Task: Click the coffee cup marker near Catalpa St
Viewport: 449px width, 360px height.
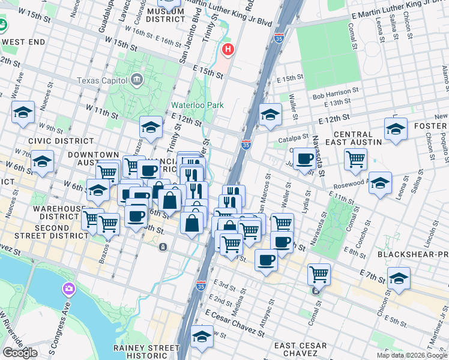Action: pyautogui.click(x=305, y=159)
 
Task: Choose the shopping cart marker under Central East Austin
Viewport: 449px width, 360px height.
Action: pyautogui.click(x=355, y=160)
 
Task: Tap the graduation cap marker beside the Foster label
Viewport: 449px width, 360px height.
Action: pyautogui.click(x=396, y=130)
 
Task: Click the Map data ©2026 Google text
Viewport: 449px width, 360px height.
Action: pyautogui.click(x=411, y=355)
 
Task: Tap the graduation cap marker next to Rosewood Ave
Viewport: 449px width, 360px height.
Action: pyautogui.click(x=379, y=184)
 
